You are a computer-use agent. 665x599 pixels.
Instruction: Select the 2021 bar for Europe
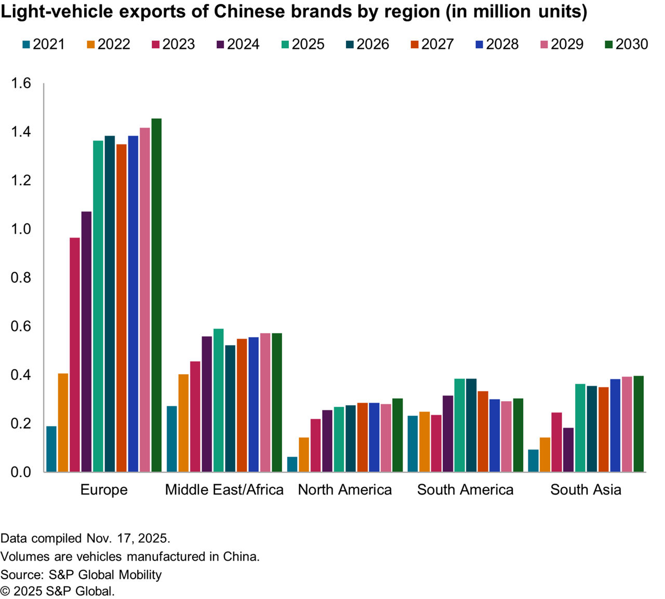point(51,449)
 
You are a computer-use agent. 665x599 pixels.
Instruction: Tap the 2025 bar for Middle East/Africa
point(219,400)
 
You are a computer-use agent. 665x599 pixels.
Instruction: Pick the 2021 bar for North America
point(292,464)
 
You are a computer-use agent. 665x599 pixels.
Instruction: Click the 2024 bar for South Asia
point(568,450)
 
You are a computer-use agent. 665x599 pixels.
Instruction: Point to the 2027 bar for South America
point(483,431)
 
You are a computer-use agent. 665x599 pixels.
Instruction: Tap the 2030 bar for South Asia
point(639,424)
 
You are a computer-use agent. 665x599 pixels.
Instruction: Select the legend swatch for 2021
point(26,45)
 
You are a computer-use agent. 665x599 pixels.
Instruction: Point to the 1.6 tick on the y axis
point(21,83)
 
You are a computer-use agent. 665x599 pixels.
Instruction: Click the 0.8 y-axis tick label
point(21,278)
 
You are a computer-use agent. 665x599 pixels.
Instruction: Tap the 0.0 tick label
point(21,472)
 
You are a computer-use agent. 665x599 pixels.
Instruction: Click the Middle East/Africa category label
point(224,490)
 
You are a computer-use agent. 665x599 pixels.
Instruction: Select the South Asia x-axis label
point(586,490)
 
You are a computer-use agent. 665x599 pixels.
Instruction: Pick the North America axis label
point(345,490)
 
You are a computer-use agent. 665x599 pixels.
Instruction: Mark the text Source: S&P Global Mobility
point(81,575)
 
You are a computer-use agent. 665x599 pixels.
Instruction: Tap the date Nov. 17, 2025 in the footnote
point(128,538)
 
